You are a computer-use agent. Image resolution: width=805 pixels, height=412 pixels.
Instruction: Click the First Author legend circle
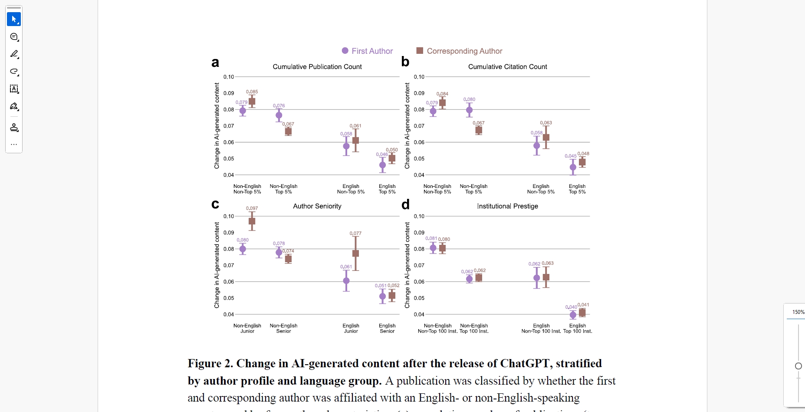click(x=345, y=51)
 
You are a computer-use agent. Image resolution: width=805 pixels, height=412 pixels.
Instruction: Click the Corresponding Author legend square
click(x=420, y=51)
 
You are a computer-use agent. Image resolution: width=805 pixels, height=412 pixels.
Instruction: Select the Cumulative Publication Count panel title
click(x=317, y=67)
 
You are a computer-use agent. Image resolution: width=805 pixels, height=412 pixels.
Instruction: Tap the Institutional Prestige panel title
click(x=507, y=206)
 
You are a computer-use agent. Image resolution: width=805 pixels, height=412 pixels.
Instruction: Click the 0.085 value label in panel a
click(x=252, y=92)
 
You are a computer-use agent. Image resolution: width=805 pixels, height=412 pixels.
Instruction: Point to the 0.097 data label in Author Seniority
click(x=252, y=208)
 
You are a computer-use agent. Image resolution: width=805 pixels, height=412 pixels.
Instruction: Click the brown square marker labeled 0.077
click(x=356, y=254)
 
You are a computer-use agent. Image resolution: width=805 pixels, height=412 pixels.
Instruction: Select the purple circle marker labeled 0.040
click(x=573, y=315)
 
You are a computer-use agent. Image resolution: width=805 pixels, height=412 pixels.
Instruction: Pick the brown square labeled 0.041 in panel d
click(x=582, y=313)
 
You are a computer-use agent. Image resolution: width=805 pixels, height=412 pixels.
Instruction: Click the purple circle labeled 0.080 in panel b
click(x=469, y=110)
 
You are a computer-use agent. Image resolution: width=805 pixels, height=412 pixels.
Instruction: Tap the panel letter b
click(x=405, y=62)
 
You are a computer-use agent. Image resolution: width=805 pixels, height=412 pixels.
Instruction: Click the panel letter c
click(x=215, y=204)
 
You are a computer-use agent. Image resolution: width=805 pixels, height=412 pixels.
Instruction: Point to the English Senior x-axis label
click(x=387, y=328)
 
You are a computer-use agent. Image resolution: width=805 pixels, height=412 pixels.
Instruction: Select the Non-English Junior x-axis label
click(x=247, y=328)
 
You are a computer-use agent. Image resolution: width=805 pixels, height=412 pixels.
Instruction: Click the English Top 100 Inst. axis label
click(x=578, y=328)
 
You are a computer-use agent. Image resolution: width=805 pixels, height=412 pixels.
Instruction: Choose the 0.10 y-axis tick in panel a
click(x=229, y=77)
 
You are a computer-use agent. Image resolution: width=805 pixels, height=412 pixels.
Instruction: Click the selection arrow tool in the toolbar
click(x=14, y=19)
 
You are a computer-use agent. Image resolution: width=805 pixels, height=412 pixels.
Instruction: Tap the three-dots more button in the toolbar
click(x=14, y=145)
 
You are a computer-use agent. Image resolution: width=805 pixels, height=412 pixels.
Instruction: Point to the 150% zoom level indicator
click(x=798, y=312)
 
